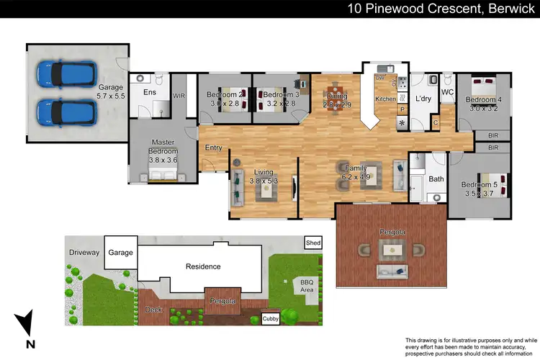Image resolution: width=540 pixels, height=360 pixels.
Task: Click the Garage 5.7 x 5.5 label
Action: point(111,91)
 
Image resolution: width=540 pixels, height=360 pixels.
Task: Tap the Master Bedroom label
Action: point(163,147)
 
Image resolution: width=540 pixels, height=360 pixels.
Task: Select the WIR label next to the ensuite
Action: point(180,94)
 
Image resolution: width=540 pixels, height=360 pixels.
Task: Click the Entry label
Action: point(213,148)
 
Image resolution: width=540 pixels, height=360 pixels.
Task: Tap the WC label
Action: point(446,92)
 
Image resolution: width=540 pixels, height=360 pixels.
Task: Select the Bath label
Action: point(436,179)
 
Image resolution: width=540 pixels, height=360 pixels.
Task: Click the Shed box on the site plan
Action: point(312,243)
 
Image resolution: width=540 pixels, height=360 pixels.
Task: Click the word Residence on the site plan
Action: point(203,266)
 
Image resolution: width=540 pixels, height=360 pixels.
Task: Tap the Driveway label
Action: point(84,253)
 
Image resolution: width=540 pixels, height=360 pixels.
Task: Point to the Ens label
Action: point(150,92)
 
